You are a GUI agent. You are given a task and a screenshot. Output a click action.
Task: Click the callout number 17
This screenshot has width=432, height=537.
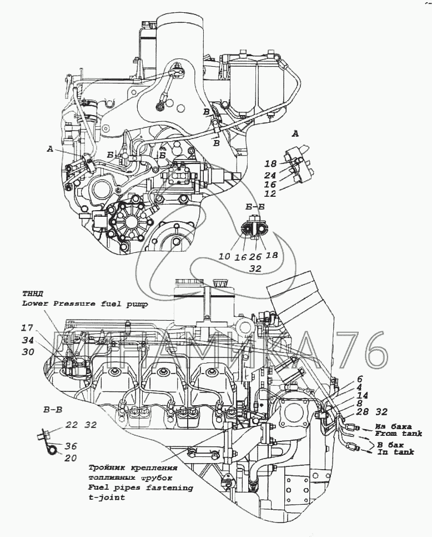coord(28,328)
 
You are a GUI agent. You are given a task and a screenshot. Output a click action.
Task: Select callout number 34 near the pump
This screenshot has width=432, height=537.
coord(28,340)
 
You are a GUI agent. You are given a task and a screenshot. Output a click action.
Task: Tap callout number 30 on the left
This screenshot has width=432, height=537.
coord(28,352)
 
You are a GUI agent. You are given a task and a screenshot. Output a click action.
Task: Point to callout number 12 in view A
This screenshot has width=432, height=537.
coord(270,194)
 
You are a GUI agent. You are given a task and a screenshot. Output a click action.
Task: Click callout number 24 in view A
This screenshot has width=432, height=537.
coord(270,176)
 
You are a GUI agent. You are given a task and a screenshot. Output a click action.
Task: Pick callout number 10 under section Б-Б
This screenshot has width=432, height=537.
coord(224,256)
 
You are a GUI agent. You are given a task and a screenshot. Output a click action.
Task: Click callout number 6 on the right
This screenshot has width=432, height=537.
coord(360,379)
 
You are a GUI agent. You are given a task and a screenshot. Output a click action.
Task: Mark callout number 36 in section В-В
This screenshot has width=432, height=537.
coord(70,446)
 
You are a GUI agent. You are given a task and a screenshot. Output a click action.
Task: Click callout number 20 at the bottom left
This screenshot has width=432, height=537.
coord(70,458)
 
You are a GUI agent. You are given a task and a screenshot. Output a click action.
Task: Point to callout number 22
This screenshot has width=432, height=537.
coord(72,425)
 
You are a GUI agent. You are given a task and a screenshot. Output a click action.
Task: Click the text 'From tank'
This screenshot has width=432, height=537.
coord(398,434)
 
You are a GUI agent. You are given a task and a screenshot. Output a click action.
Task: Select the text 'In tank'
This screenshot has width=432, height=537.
coord(396,452)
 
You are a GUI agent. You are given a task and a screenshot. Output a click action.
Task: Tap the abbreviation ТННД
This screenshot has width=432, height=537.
coord(33,294)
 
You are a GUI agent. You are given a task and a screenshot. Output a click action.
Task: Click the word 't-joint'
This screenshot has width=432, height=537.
coord(107,498)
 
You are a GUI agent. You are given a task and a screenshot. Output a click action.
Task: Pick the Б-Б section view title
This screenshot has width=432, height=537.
coord(255,207)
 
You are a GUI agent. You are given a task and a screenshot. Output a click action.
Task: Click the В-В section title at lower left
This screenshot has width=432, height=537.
coord(52,409)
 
